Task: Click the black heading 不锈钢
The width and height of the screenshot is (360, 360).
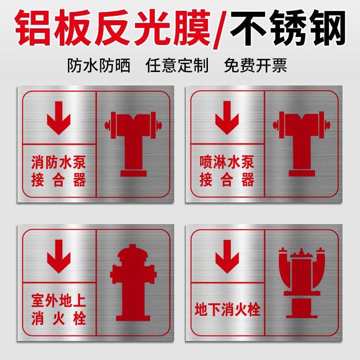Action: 288,28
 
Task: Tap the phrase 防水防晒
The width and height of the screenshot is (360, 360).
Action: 99,66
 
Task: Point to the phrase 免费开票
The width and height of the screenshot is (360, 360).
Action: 255,66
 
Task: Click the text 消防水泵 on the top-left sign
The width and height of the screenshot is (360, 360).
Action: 58,161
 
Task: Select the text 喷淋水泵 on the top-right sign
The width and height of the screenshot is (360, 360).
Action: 227,161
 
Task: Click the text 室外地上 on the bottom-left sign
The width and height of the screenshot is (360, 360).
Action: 58,299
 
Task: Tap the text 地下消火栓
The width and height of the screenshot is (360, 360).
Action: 227,310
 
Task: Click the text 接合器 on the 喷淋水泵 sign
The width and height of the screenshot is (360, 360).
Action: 227,181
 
